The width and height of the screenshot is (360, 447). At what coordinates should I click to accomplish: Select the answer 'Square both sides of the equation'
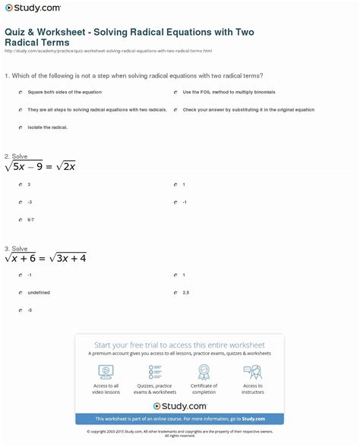click(x=65, y=92)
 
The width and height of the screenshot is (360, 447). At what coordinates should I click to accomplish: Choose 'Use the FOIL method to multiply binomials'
click(x=229, y=92)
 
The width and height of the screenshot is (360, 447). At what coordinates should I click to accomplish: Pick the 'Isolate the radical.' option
click(x=47, y=127)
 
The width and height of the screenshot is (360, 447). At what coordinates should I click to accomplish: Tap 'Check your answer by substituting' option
click(x=248, y=109)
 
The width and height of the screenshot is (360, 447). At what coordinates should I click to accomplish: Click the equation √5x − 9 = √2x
click(x=40, y=166)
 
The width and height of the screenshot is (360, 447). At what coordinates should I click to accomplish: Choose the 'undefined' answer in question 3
click(x=38, y=292)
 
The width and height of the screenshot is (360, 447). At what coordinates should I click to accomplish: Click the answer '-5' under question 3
click(x=29, y=310)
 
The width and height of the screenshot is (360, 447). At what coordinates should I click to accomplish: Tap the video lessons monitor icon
click(x=106, y=372)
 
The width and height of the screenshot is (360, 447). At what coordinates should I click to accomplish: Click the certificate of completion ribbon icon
click(x=204, y=372)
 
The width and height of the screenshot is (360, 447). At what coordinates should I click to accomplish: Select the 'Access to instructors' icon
click(x=252, y=372)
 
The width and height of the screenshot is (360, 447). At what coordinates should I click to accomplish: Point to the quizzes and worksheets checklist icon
click(x=155, y=372)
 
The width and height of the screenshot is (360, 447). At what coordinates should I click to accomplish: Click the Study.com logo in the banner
click(x=179, y=406)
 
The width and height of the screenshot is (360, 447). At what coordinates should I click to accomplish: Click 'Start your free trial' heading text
click(x=179, y=345)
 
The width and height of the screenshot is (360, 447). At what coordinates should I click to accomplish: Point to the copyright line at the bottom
click(x=179, y=433)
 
